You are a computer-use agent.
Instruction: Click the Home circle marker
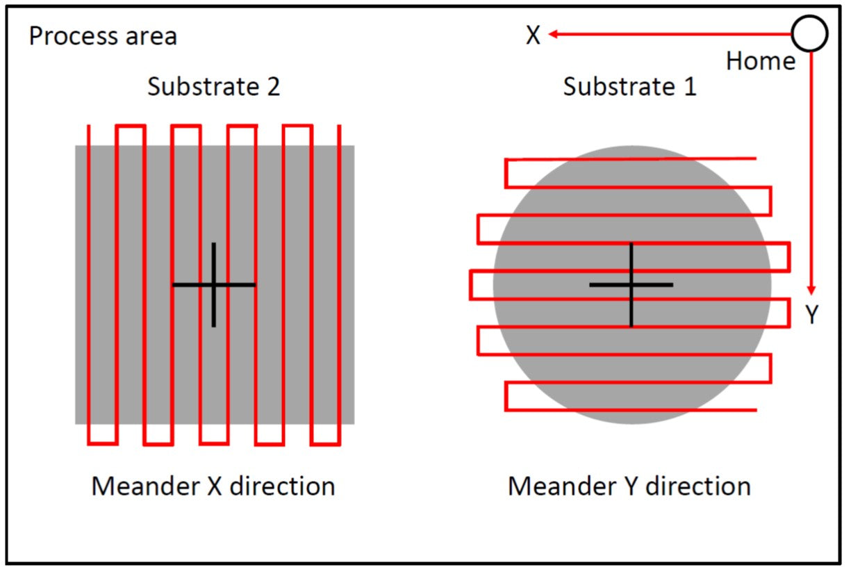809,33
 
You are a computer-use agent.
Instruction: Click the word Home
761,61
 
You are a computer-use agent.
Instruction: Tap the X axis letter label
533,35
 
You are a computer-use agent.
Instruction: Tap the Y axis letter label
813,315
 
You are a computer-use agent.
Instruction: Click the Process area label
103,35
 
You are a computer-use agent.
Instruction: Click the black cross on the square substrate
214,285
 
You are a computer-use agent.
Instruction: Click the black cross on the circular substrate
631,285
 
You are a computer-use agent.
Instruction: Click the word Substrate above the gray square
201,88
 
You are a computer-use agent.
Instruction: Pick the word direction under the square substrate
282,486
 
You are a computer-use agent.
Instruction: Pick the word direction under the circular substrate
698,486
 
